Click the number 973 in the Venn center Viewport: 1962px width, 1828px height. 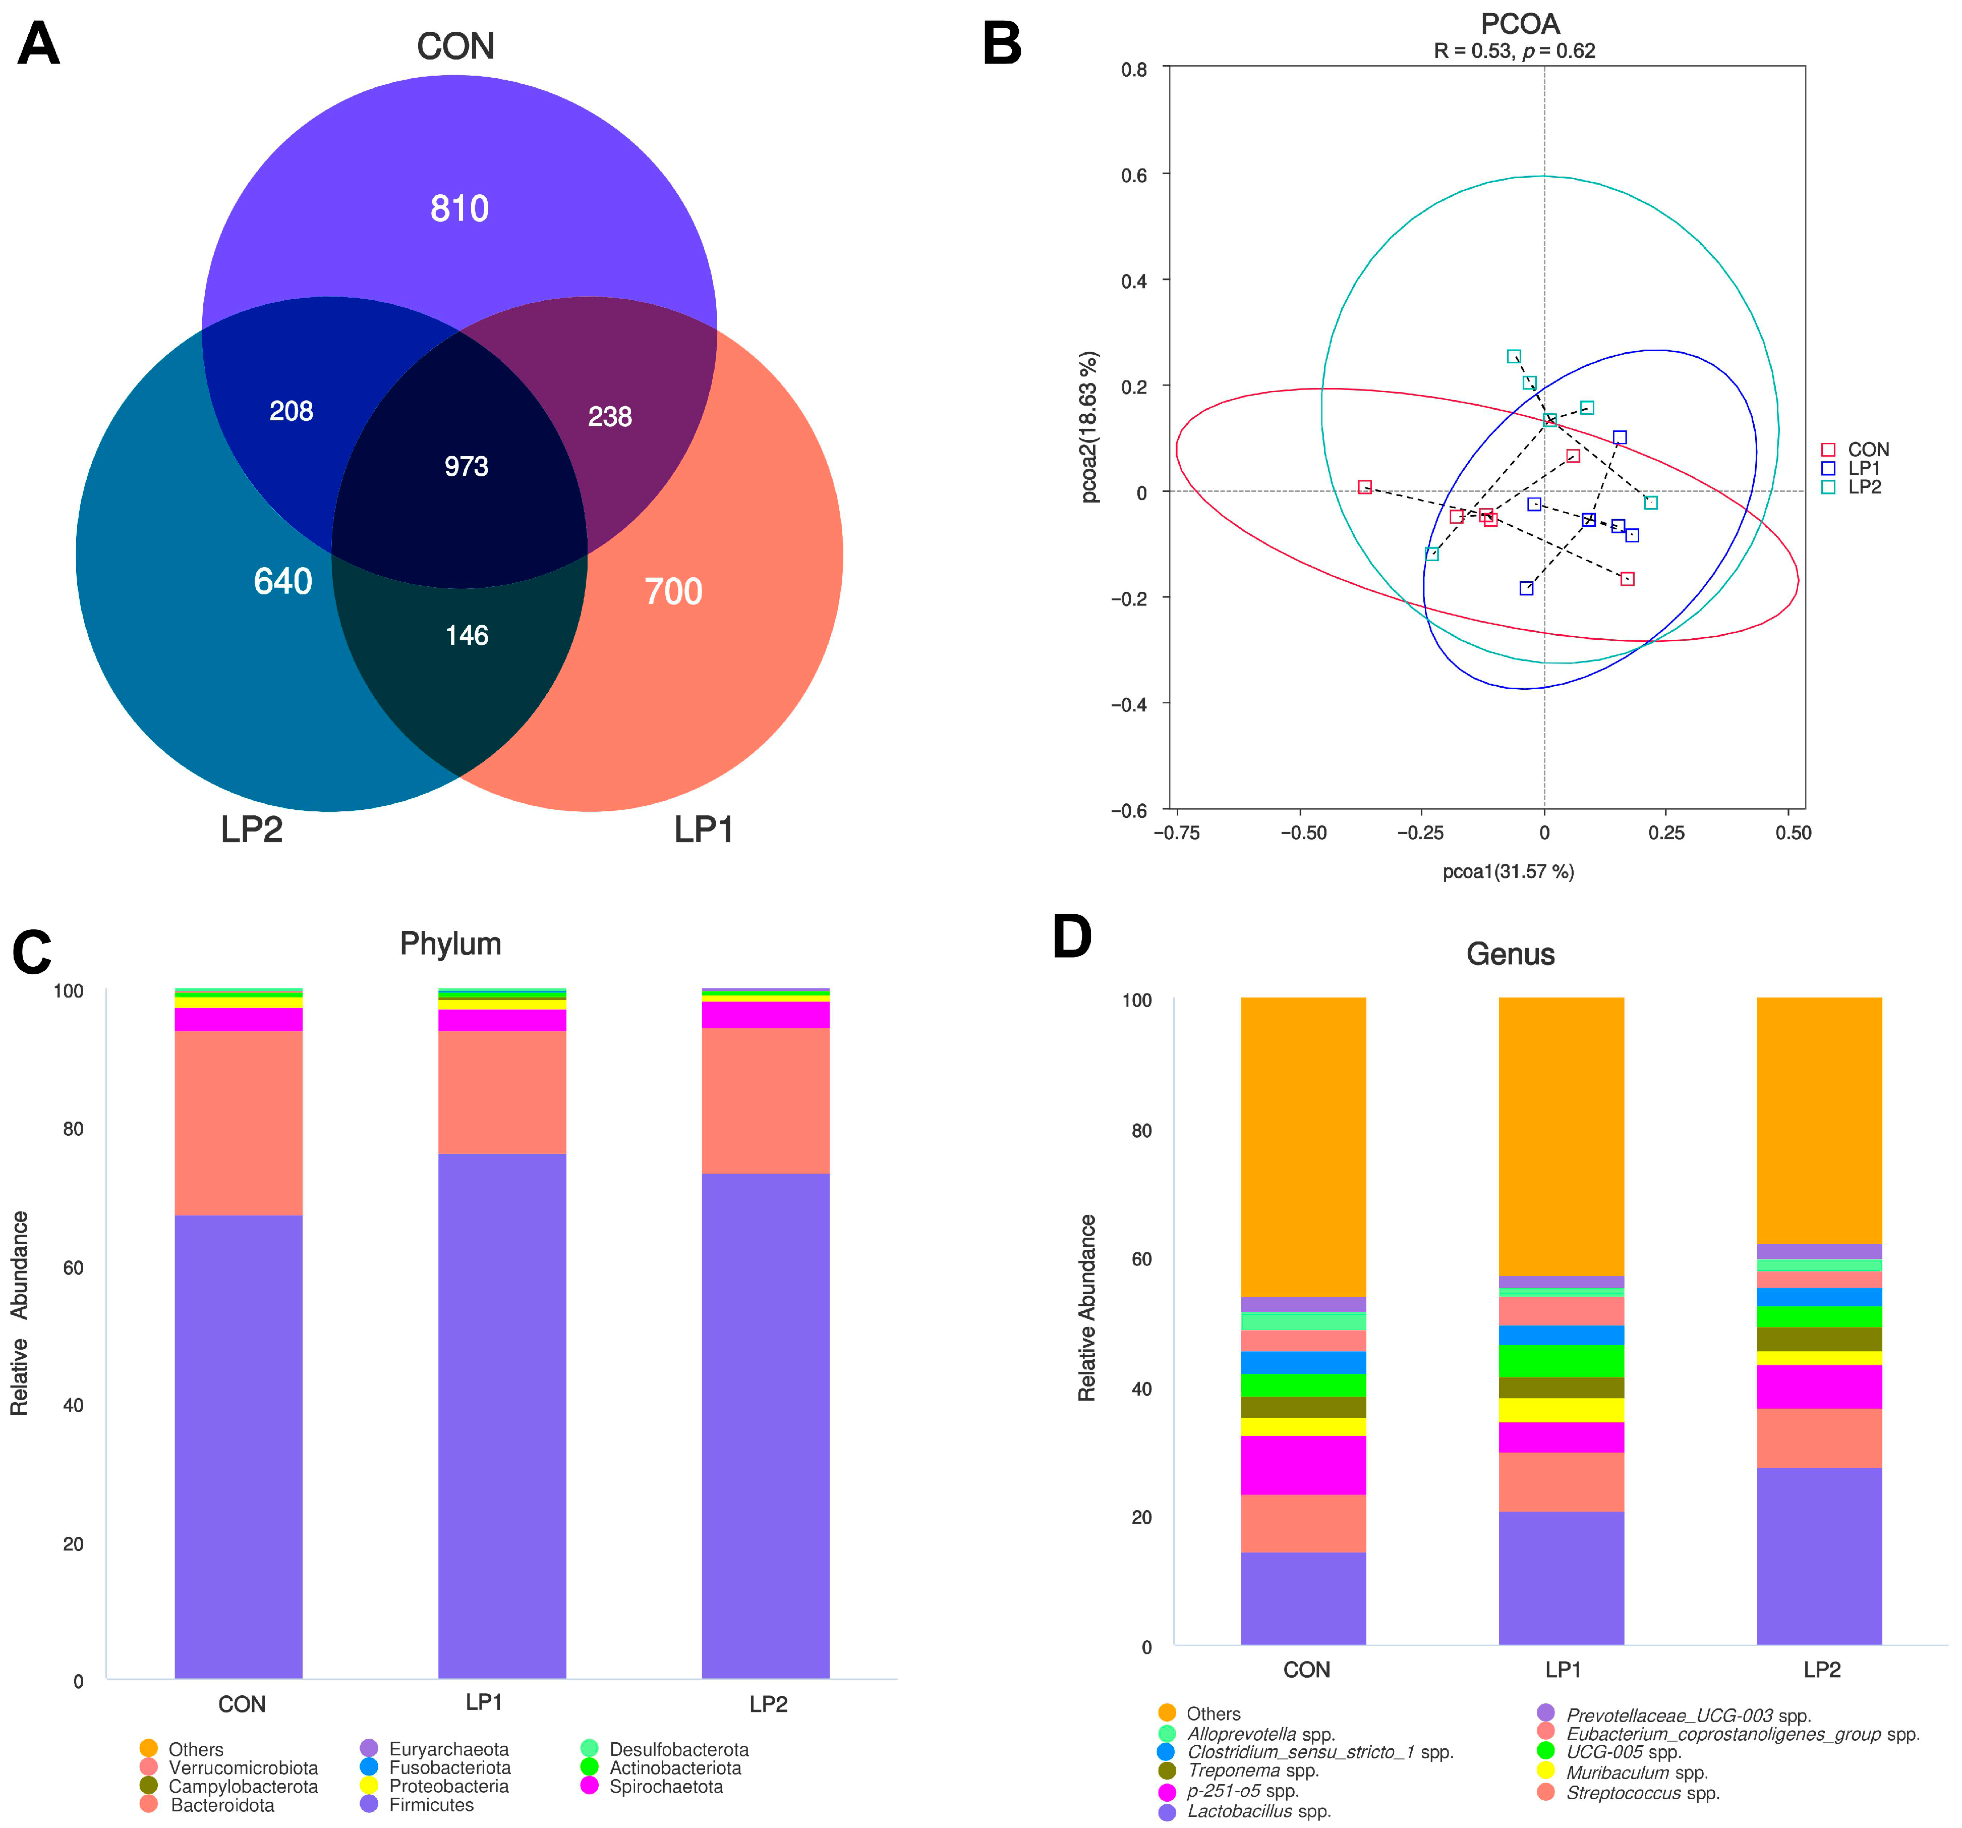coord(466,466)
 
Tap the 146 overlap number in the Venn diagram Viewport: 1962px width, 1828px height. coord(467,635)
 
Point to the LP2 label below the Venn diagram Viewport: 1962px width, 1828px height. coord(252,829)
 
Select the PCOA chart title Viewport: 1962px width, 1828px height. coord(1520,24)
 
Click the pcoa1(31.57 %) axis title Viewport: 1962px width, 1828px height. coord(1508,871)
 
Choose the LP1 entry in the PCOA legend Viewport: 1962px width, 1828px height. coord(1863,468)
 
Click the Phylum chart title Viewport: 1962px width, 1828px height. coord(450,944)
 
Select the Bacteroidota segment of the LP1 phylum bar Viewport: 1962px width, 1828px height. coord(502,1092)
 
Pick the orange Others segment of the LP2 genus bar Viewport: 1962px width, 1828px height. coord(1819,1120)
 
